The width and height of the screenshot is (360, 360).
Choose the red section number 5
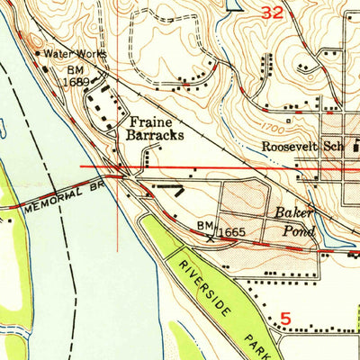tap(285, 317)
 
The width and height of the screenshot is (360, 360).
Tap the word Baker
tap(293, 213)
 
